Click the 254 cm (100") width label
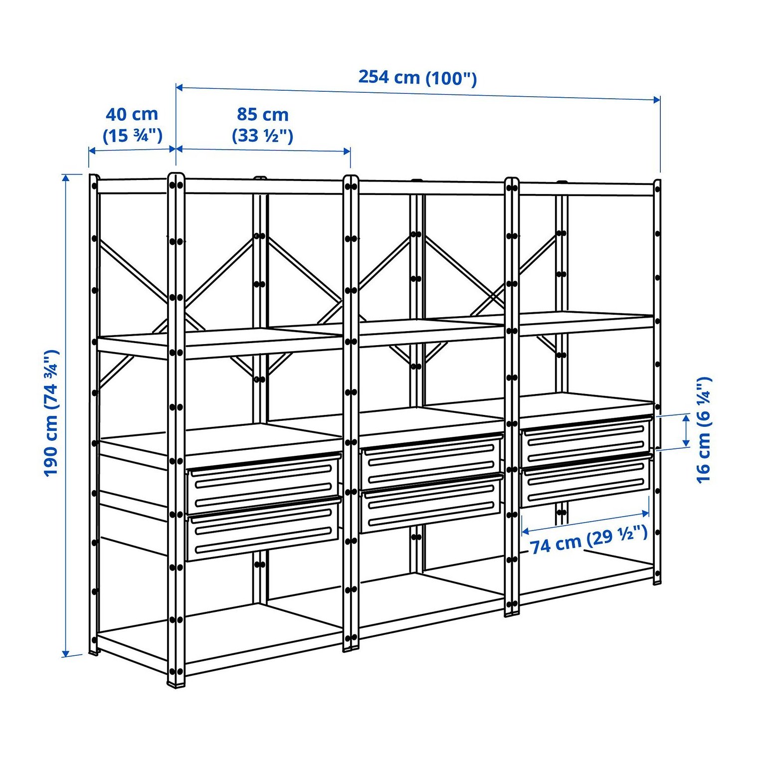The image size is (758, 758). [417, 78]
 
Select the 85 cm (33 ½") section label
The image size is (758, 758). [263, 125]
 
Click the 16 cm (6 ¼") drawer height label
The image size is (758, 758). [704, 430]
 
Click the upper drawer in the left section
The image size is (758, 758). [263, 483]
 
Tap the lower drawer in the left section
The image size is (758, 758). [263, 529]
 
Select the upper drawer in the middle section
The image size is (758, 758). [431, 462]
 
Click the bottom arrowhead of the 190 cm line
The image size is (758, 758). [65, 653]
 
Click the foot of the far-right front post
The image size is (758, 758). [658, 580]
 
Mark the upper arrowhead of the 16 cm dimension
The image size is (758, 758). [687, 418]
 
